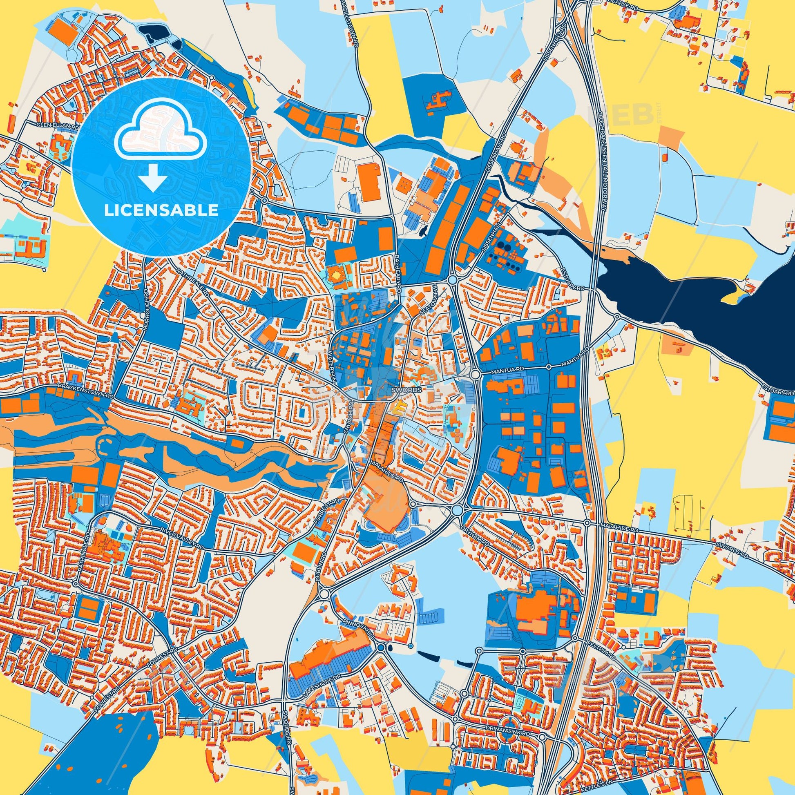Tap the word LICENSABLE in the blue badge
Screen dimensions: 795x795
coord(161,210)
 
